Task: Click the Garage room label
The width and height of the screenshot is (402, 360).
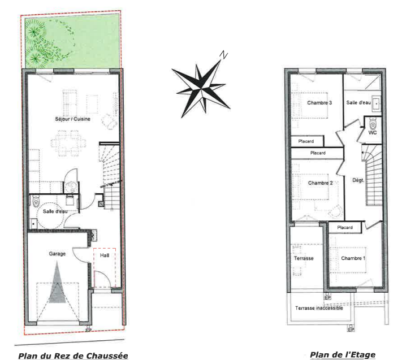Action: pyautogui.click(x=57, y=254)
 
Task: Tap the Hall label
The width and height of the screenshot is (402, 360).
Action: pyautogui.click(x=105, y=255)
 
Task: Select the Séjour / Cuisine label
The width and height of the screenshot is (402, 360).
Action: pyautogui.click(x=72, y=119)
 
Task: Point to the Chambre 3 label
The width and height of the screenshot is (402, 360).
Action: pyautogui.click(x=319, y=103)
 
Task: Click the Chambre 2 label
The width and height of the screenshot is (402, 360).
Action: pyautogui.click(x=321, y=183)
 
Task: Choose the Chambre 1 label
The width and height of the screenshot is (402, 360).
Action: pyautogui.click(x=353, y=258)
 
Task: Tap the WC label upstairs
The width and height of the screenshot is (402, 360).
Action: pyautogui.click(x=373, y=132)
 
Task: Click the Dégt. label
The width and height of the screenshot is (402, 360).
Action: pyautogui.click(x=358, y=180)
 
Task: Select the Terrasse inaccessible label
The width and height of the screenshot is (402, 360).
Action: pyautogui.click(x=319, y=308)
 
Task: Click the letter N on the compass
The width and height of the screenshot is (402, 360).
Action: pyautogui.click(x=223, y=55)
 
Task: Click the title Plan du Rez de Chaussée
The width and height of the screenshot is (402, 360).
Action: pyautogui.click(x=73, y=356)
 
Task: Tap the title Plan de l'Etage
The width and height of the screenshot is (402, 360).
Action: pyautogui.click(x=343, y=355)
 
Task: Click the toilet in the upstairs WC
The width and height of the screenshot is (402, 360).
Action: pyautogui.click(x=373, y=124)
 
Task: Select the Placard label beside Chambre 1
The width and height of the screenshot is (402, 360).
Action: pyautogui.click(x=345, y=228)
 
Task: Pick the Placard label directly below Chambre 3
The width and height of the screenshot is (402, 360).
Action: pyautogui.click(x=306, y=141)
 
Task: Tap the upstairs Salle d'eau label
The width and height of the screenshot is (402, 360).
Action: pyautogui.click(x=358, y=102)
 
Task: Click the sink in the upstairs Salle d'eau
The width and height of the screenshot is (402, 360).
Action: pyautogui.click(x=377, y=103)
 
